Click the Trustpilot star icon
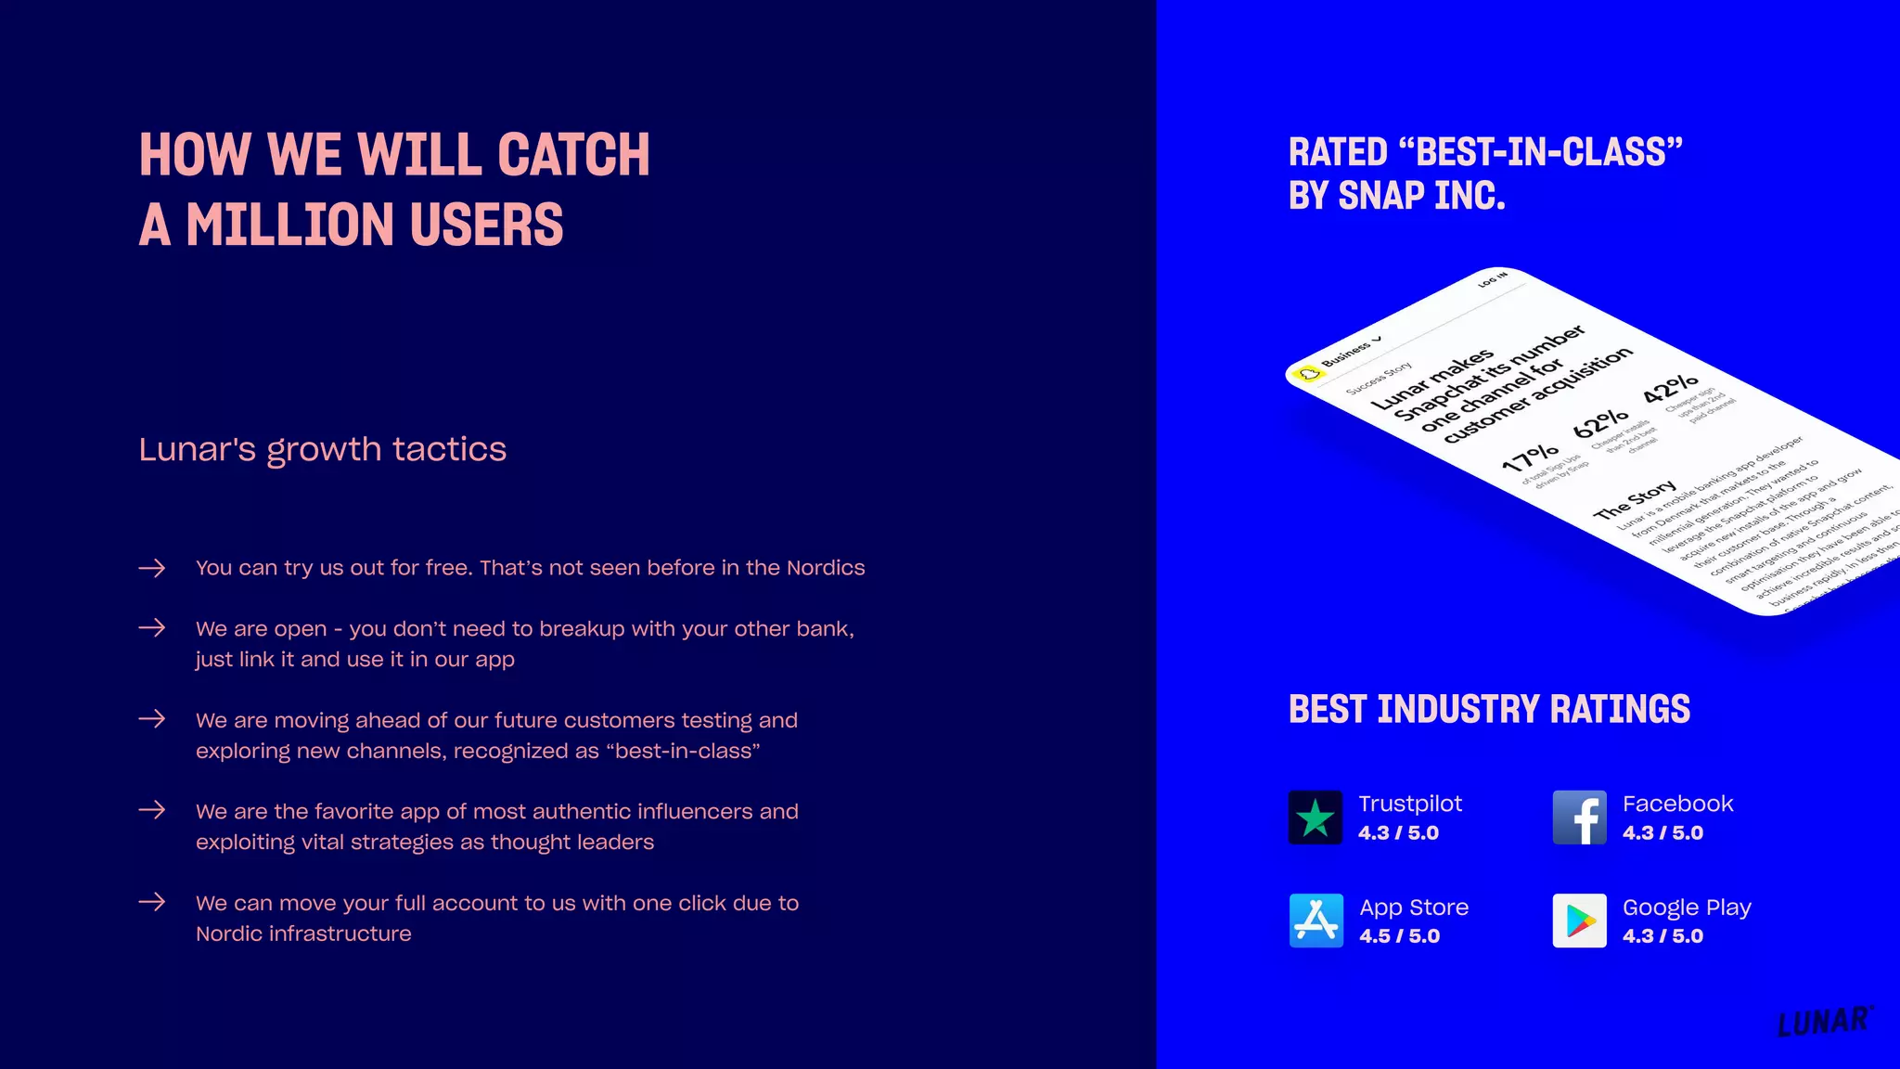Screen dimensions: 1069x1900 coord(1315,818)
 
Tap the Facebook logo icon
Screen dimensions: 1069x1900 coord(1579,818)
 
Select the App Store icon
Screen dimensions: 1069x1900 coord(1316,921)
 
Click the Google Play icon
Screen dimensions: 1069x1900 coord(1579,921)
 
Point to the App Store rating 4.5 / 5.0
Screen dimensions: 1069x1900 coord(1399,936)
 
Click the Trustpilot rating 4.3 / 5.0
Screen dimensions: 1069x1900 coord(1398,833)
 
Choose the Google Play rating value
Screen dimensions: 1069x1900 coord(1662,936)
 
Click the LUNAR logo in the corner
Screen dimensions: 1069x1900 coord(1824,1022)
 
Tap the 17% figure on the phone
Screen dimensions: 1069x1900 coord(1530,457)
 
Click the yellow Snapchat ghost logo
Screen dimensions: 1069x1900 coord(1309,374)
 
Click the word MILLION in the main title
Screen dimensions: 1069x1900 coord(289,225)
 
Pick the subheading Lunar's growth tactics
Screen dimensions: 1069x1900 coord(322,450)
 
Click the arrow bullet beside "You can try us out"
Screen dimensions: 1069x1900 coord(152,568)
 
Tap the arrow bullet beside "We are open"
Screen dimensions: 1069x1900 coord(152,628)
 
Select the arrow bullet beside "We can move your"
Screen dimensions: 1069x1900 coord(152,902)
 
